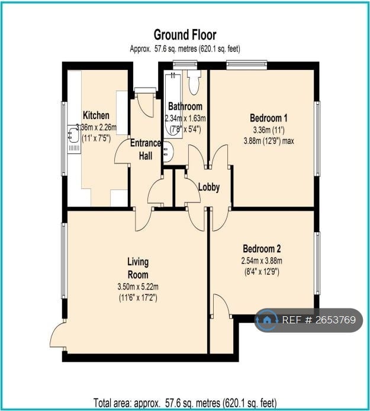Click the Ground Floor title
coord(185,35)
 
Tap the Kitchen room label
coord(96,115)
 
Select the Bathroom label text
coord(185,107)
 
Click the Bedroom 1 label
coord(269,118)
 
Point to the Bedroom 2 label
coord(262,249)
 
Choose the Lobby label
coord(209,187)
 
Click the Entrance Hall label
coord(146,149)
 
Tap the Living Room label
coord(138,268)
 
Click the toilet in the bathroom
coord(194,82)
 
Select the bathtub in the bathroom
coord(173,104)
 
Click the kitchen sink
coord(73,134)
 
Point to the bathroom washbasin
coord(168,152)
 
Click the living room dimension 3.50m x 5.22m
coord(138,287)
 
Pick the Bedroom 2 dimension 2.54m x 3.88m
coord(262,261)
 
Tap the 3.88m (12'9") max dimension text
coord(269,141)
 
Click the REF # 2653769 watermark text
coord(318,320)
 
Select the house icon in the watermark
coord(267,320)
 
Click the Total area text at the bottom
coord(185,402)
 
